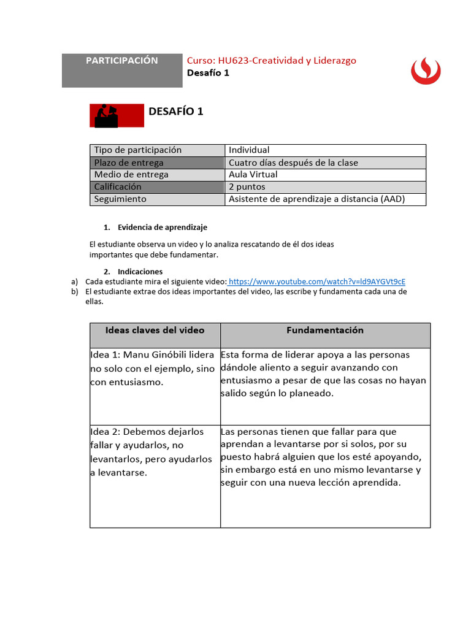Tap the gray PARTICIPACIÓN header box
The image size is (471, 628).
pos(121,70)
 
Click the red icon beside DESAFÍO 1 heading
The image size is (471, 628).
pos(117,115)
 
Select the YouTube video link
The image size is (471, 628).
pos(316,281)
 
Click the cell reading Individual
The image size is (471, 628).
pos(249,150)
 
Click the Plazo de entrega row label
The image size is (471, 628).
pos(129,163)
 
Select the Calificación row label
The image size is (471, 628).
pos(118,187)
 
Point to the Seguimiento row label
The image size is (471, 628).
pos(120,199)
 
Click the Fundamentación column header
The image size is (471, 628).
pos(325,331)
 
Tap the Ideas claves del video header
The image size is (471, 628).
pos(155,331)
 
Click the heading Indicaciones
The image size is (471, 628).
pos(140,271)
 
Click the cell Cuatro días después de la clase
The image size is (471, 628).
pos(293,163)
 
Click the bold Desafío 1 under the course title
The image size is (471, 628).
pos(208,73)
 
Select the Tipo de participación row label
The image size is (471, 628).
pos(138,150)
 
